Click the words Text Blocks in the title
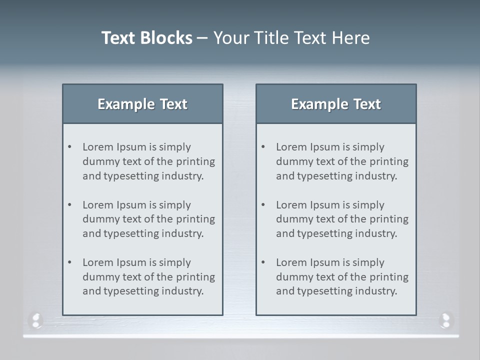click(x=147, y=38)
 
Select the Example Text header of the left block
click(x=142, y=104)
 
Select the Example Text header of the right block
click(x=336, y=104)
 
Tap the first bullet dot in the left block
click(x=69, y=146)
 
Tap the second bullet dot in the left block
click(x=69, y=204)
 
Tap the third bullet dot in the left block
click(x=69, y=262)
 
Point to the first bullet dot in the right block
click(x=263, y=146)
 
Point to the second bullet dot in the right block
click(x=263, y=204)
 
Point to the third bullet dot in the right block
click(x=263, y=262)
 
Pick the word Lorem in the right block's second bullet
click(x=291, y=205)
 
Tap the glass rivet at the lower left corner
click(x=36, y=319)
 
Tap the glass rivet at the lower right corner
click(x=445, y=319)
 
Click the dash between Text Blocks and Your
click(x=202, y=38)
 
